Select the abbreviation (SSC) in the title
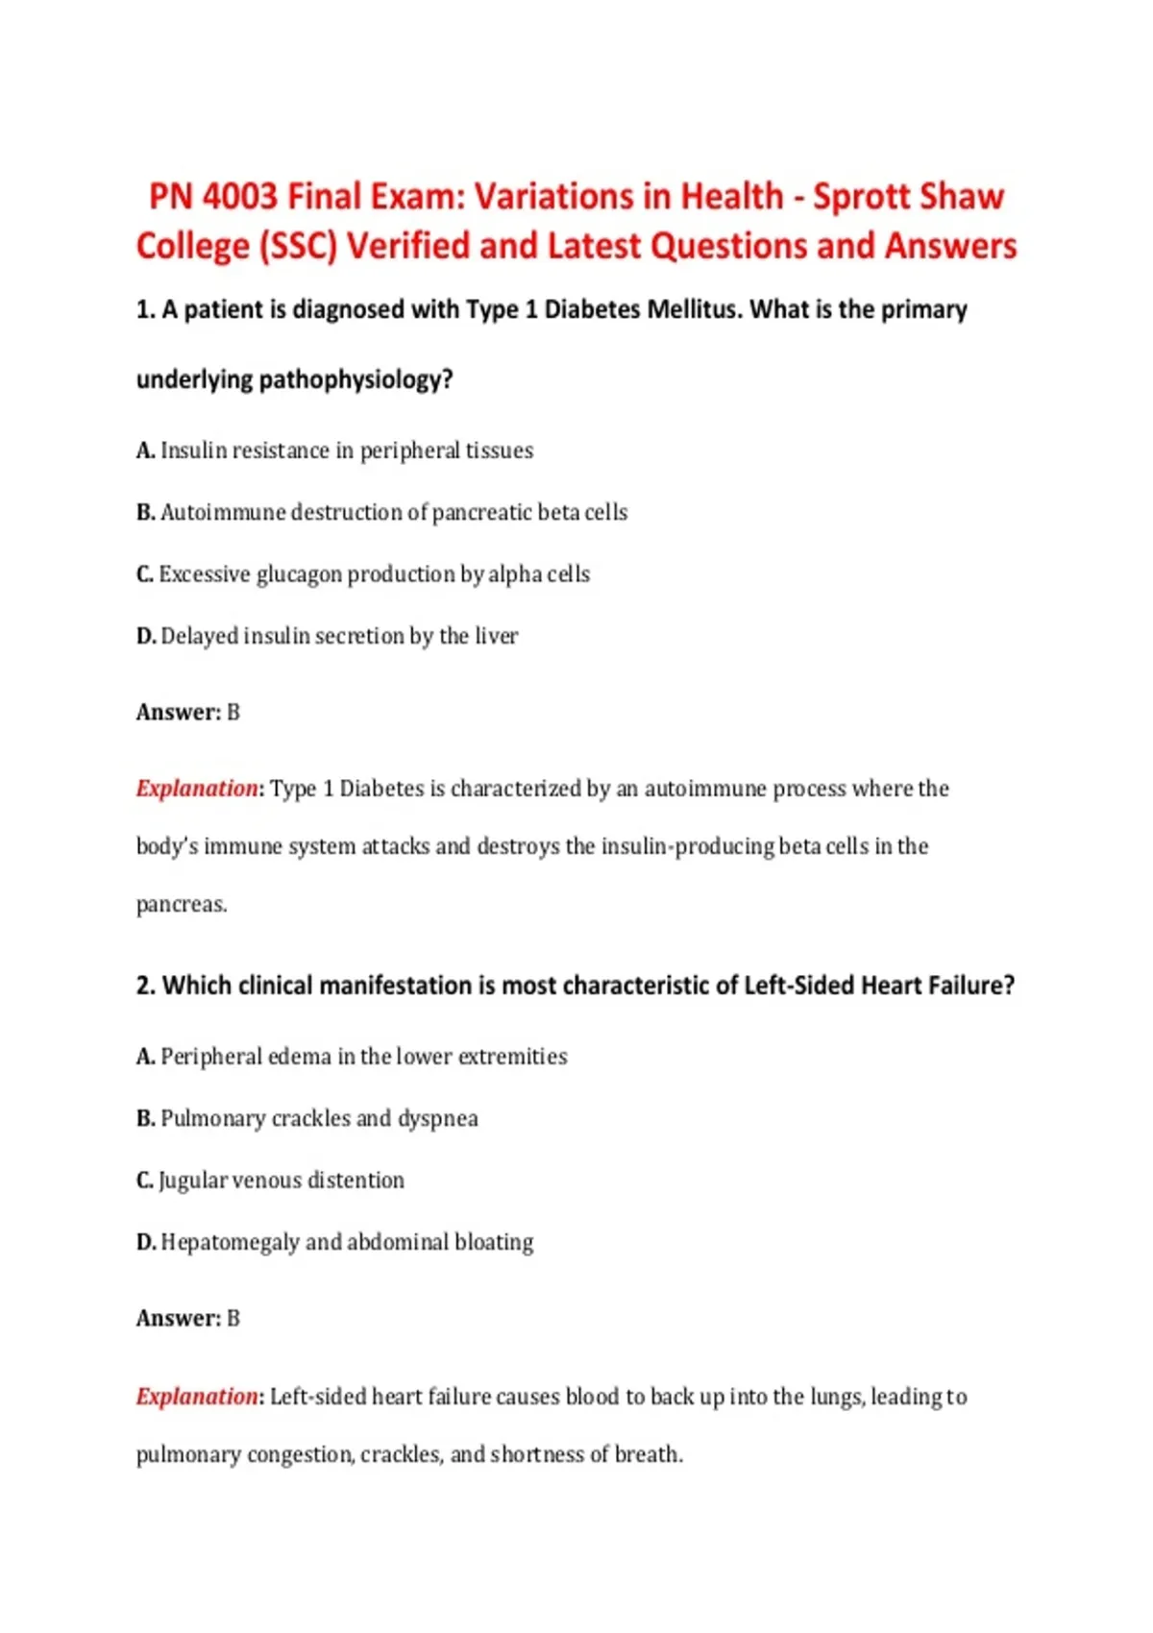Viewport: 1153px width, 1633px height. coord(298,247)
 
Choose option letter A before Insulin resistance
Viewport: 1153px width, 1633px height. coord(145,451)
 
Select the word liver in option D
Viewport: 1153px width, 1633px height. coord(497,636)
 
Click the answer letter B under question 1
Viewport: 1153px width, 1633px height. coord(233,713)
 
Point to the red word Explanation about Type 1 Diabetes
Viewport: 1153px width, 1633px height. coord(197,789)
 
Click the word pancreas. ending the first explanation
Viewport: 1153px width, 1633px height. coord(182,905)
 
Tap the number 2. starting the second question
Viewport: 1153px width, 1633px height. coord(145,987)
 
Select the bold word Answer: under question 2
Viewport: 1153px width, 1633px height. coord(179,1319)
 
